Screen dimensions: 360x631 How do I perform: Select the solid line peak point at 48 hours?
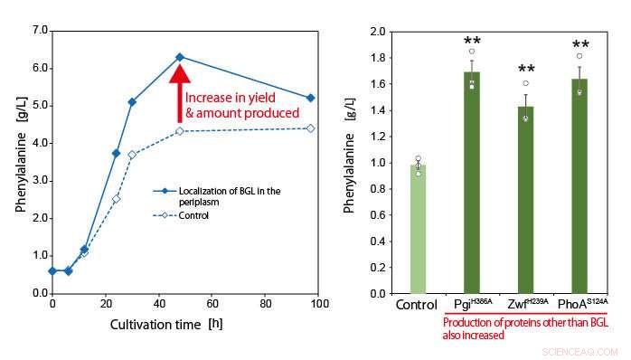(x=180, y=57)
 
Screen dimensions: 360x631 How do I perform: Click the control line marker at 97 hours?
(x=311, y=128)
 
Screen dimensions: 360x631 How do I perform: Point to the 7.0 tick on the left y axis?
(x=40, y=31)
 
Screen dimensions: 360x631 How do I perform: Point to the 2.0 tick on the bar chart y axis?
(x=377, y=32)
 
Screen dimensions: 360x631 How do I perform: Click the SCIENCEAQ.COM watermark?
(x=582, y=350)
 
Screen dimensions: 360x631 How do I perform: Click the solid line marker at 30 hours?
(x=132, y=102)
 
